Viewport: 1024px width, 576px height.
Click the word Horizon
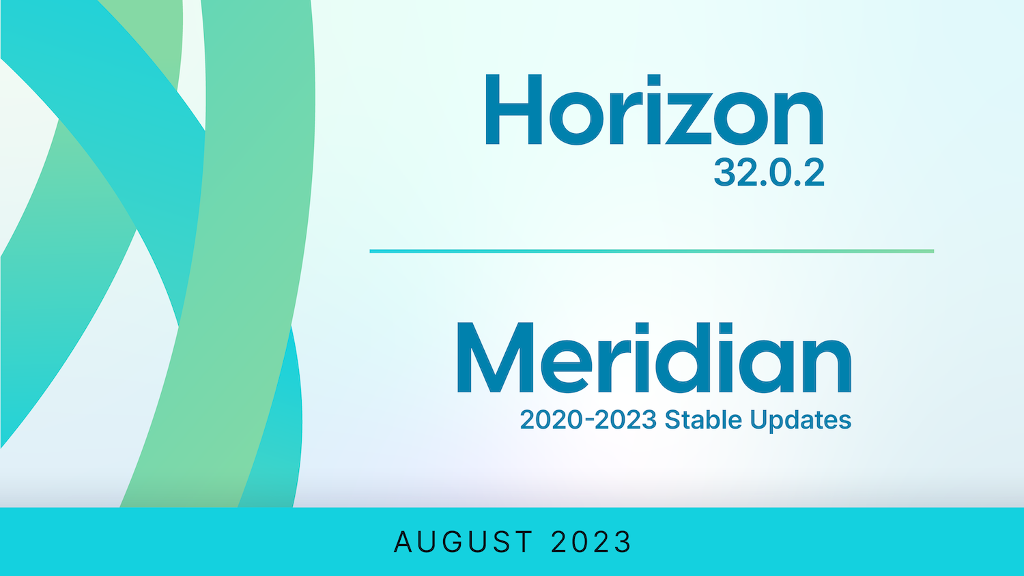654,109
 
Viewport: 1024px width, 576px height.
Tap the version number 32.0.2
769,173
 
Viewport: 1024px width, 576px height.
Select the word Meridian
654,358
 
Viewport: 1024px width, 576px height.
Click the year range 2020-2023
588,419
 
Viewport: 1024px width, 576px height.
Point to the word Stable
703,419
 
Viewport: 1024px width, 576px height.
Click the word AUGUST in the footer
464,542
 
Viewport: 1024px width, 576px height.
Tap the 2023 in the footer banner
591,542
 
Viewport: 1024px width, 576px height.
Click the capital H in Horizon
514,109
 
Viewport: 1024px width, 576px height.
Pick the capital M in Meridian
495,358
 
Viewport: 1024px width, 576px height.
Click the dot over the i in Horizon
654,80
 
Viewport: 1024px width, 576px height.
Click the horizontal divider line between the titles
652,251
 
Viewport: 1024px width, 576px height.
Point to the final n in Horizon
798,118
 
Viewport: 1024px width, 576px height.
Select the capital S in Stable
672,419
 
